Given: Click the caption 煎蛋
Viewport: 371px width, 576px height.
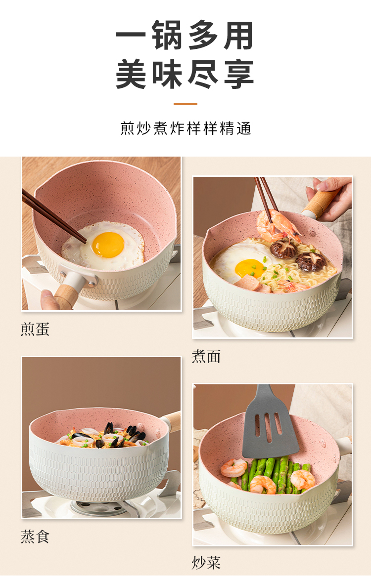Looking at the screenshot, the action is click(35, 329).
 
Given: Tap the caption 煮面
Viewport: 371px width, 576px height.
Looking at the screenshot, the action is click(206, 356).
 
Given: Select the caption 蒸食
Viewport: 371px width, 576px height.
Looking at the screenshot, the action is click(35, 536).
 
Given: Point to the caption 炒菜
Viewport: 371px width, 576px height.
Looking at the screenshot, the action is click(206, 562).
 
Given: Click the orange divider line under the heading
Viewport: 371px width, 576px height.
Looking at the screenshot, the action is click(185, 104).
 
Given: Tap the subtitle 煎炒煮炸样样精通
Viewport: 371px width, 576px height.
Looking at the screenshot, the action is click(185, 128).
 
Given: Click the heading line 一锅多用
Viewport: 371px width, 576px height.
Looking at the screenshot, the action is click(185, 35).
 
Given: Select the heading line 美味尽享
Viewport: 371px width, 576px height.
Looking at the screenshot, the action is click(185, 74).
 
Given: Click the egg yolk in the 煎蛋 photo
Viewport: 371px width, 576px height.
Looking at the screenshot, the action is click(108, 245).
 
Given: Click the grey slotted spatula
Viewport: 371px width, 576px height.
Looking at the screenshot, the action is click(270, 422).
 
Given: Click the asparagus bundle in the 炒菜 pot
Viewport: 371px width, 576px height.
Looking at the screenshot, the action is click(272, 475).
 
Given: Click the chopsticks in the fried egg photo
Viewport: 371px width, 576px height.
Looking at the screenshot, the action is click(54, 216).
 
